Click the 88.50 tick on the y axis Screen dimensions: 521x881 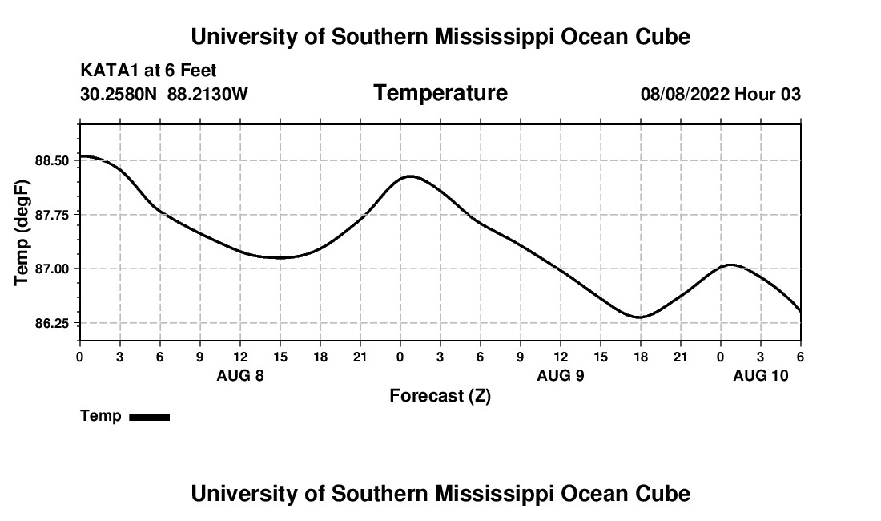click(54, 160)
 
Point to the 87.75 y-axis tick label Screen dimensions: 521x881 click(54, 215)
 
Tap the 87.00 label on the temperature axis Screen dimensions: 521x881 click(54, 269)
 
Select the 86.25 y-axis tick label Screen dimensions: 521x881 click(54, 323)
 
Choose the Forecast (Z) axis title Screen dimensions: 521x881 click(440, 395)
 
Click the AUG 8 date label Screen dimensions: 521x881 click(240, 375)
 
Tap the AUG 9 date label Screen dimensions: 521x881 click(561, 375)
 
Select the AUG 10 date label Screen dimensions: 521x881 click(761, 375)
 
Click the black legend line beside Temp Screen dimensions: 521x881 click(149, 417)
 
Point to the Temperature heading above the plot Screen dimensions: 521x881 click(440, 93)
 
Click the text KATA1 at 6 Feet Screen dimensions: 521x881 click(148, 71)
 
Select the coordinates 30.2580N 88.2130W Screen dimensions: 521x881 click(164, 95)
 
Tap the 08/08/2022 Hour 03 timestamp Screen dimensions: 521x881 click(720, 95)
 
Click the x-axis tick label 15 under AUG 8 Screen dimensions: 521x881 click(280, 357)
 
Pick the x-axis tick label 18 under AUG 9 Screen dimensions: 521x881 click(640, 357)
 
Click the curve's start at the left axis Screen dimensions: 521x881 click(81, 155)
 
